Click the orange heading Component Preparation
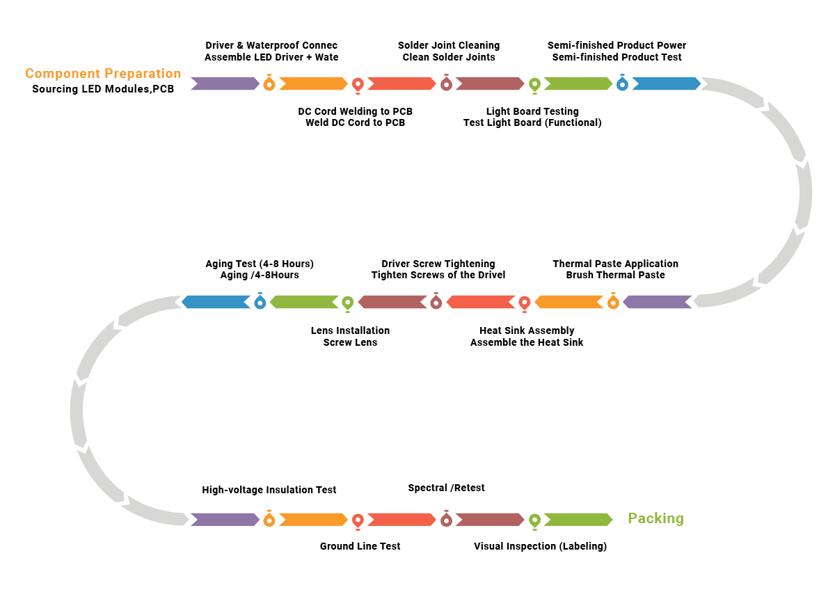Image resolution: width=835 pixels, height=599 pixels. pyautogui.click(x=103, y=74)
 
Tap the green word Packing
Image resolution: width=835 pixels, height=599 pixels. pyautogui.click(x=655, y=518)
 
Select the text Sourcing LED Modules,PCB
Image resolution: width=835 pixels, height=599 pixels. pyautogui.click(x=103, y=89)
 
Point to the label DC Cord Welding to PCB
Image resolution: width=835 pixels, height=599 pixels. pyautogui.click(x=355, y=111)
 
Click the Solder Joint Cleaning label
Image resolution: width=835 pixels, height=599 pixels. pyautogui.click(x=449, y=45)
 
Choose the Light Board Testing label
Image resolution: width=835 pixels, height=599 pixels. pyautogui.click(x=532, y=111)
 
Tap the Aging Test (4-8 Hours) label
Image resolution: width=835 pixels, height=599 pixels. pyautogui.click(x=260, y=264)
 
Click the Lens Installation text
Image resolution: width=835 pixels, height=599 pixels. pyautogui.click(x=350, y=330)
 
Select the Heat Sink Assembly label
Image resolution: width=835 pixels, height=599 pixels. pyautogui.click(x=527, y=330)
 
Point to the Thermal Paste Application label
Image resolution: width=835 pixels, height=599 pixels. pyautogui.click(x=615, y=264)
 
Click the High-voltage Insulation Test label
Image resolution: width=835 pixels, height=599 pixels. pyautogui.click(x=269, y=489)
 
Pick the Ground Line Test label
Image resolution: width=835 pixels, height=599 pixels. pyautogui.click(x=360, y=546)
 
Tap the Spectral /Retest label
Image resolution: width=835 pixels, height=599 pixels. pyautogui.click(x=446, y=488)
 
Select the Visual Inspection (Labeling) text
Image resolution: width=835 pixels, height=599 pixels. pyautogui.click(x=540, y=546)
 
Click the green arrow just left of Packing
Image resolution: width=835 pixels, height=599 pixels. pyautogui.click(x=578, y=520)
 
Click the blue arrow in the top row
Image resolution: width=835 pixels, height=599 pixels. pyautogui.click(x=667, y=83)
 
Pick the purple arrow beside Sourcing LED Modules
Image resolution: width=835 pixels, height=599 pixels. pyautogui.click(x=225, y=83)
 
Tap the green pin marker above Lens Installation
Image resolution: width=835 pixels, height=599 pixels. pyautogui.click(x=348, y=304)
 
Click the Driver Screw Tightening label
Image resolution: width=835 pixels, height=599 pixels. pyautogui.click(x=438, y=264)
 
